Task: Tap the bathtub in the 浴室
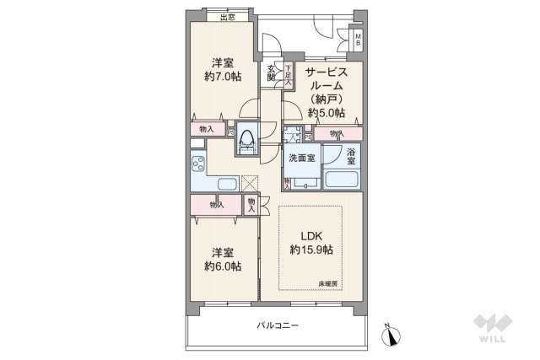point(343,179)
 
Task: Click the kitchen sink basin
point(227,183)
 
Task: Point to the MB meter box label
point(358,39)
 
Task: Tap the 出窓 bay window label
point(226,17)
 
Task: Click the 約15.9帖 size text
point(311,250)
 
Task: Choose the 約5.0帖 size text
point(325,112)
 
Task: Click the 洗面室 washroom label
point(301,158)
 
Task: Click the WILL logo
point(492,327)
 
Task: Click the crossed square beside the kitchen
point(249,184)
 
